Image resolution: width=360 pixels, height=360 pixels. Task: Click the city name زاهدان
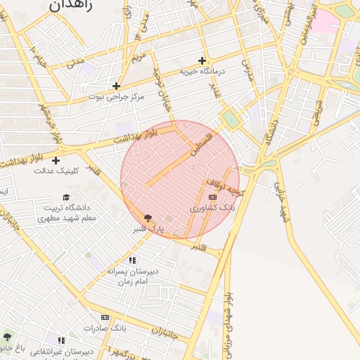click(68, 5)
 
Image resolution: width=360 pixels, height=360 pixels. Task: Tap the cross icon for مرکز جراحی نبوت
click(116, 86)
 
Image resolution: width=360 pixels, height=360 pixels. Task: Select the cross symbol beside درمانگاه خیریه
click(203, 60)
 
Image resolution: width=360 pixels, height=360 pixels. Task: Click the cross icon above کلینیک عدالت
click(55, 160)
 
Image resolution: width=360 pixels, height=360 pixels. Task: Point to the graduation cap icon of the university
click(66, 198)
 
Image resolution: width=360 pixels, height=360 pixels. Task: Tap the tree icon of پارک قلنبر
click(147, 218)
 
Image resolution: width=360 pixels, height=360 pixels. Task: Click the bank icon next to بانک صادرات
click(105, 318)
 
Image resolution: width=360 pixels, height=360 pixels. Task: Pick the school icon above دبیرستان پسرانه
click(132, 260)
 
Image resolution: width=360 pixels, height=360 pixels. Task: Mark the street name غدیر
click(216, 91)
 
